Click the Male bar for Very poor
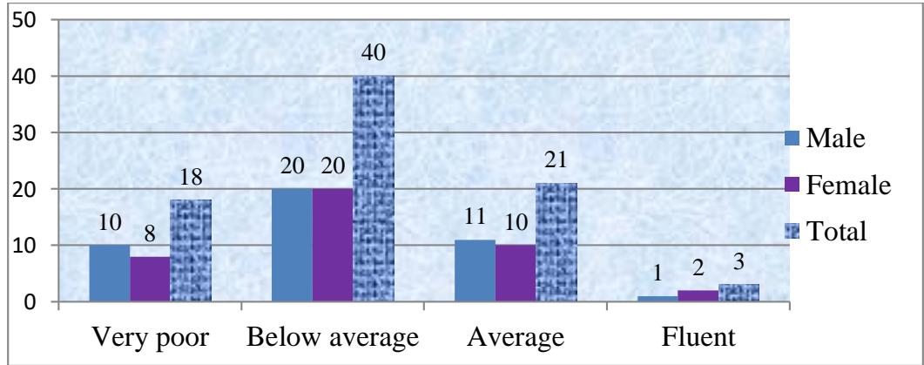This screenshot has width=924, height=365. (x=109, y=274)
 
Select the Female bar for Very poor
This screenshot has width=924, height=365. (x=149, y=279)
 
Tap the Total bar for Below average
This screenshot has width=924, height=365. (x=374, y=189)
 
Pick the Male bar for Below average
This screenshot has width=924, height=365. (x=292, y=246)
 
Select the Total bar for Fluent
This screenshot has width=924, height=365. (x=739, y=293)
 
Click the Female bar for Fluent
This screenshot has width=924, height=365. (x=698, y=296)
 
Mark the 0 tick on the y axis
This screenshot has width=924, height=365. (x=30, y=302)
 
